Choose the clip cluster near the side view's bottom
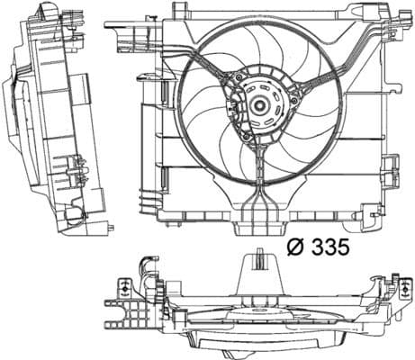click(x=76, y=171)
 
